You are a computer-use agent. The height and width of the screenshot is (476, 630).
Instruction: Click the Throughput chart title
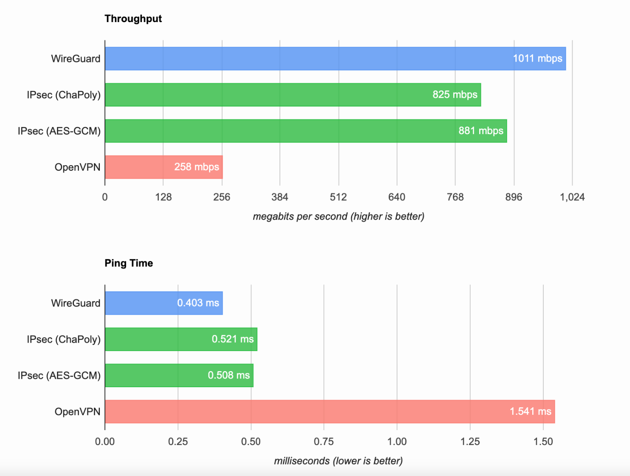[x=133, y=19]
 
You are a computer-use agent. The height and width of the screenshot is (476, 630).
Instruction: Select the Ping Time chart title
[x=129, y=263]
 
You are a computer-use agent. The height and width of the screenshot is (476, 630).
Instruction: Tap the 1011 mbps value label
[x=537, y=59]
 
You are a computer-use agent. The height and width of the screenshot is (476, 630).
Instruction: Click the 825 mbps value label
[x=455, y=95]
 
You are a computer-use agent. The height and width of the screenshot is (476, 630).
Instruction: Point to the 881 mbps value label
[x=480, y=131]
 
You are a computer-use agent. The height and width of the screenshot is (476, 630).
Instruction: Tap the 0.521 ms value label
[x=232, y=339]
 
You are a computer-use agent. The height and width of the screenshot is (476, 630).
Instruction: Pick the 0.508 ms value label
[x=229, y=375]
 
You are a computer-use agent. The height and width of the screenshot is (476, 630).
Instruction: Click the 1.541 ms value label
[x=530, y=411]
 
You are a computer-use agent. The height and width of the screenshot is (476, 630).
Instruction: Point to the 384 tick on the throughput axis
[x=280, y=197]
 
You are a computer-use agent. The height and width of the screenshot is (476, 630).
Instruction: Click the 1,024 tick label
[x=572, y=197]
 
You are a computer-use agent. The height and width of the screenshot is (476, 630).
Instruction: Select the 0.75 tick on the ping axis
[x=324, y=442]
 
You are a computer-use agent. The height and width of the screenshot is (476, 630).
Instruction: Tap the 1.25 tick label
[x=470, y=442]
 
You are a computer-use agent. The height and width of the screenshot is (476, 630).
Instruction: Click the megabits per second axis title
[x=338, y=217]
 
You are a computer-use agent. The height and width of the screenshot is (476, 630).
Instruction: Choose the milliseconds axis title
[x=338, y=461]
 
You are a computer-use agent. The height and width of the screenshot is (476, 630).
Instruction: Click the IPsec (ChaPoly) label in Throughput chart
[x=64, y=95]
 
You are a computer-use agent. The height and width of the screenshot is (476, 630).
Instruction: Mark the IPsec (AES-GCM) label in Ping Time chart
[x=59, y=375]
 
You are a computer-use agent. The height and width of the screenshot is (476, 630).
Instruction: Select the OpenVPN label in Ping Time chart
[x=77, y=411]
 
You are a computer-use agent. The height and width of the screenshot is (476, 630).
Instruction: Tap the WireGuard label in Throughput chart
[x=76, y=59]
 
